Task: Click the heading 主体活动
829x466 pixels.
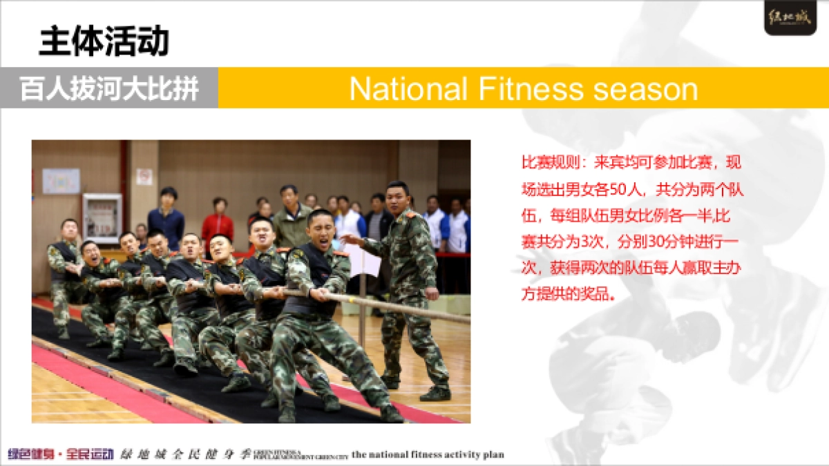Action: tap(104, 42)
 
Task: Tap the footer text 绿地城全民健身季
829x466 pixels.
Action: tap(184, 454)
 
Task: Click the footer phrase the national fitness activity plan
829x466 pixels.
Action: tap(428, 454)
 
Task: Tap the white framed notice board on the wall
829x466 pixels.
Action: tap(102, 218)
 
